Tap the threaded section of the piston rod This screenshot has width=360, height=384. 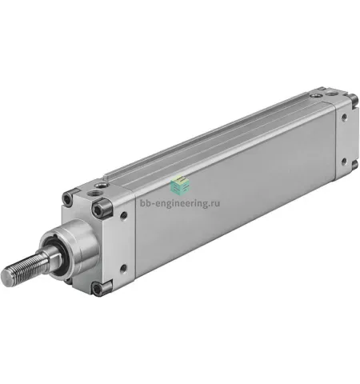(24, 269)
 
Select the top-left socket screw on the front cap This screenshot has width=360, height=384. (67, 198)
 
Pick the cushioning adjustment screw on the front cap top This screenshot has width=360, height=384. (101, 184)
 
